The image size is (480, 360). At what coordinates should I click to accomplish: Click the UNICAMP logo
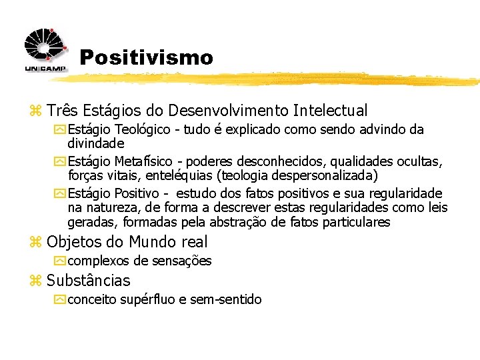pyautogui.click(x=44, y=51)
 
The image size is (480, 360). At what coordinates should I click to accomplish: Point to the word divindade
pyautogui.click(x=96, y=143)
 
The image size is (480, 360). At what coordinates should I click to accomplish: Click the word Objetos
pyautogui.click(x=72, y=242)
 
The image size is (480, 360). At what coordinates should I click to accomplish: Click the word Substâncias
pyautogui.click(x=89, y=281)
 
